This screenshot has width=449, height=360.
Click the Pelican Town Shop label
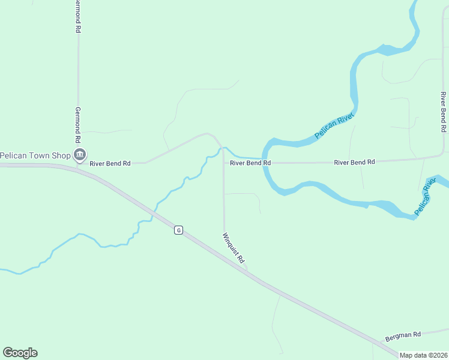click(35, 155)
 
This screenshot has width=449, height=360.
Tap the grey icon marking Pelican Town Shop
click(79, 155)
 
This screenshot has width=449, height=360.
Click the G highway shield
click(178, 230)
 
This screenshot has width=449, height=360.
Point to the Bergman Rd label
click(403, 334)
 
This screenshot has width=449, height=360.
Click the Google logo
click(20, 353)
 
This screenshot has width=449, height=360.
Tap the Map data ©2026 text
click(423, 355)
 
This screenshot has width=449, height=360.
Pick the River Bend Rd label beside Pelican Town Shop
click(110, 163)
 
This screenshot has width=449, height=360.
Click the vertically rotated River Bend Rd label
click(443, 112)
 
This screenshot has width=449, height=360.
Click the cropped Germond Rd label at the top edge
click(77, 16)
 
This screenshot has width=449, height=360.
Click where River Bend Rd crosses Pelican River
click(264, 163)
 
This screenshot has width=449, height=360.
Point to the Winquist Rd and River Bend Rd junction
click(224, 163)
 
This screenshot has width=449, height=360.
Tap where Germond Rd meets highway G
click(78, 169)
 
